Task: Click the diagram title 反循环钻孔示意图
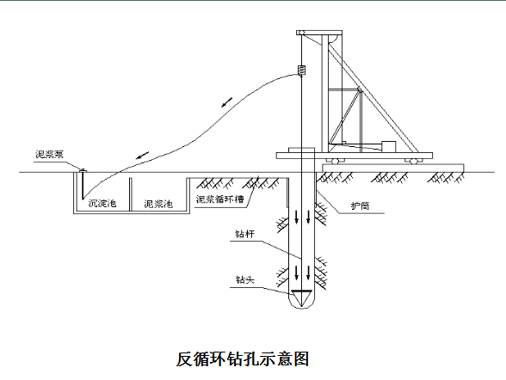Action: click(x=243, y=359)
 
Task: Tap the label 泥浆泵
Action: click(x=49, y=155)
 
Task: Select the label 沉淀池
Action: click(x=102, y=203)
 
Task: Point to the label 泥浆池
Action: click(x=158, y=204)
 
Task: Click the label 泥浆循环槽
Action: click(x=219, y=199)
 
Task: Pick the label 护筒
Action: click(x=360, y=205)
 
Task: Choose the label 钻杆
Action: click(x=244, y=234)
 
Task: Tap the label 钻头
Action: click(x=245, y=279)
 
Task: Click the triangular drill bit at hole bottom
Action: click(x=302, y=297)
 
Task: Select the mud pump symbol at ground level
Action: click(x=83, y=170)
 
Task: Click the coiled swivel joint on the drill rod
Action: click(x=302, y=70)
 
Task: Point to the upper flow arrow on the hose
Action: click(x=227, y=102)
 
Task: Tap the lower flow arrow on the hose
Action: click(x=143, y=155)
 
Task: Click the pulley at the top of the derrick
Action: click(x=301, y=33)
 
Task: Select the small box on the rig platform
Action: click(x=389, y=146)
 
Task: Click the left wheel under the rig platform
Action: click(x=335, y=161)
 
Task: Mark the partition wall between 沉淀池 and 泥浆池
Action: click(x=131, y=194)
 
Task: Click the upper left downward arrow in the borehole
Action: click(x=297, y=217)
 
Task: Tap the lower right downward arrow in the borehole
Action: click(x=308, y=273)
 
